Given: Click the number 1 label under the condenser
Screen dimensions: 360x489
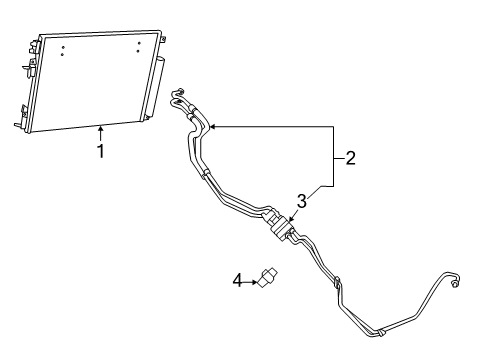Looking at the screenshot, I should coord(100,151).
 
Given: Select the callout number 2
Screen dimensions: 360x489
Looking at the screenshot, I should coord(350,157).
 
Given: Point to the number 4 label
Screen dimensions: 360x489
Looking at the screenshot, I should coord(237,281).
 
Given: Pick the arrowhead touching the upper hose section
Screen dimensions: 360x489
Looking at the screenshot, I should coord(212,127).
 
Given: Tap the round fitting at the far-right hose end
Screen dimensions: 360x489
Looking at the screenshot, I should coord(456,284).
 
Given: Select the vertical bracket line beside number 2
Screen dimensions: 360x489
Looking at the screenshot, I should coord(333,157).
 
